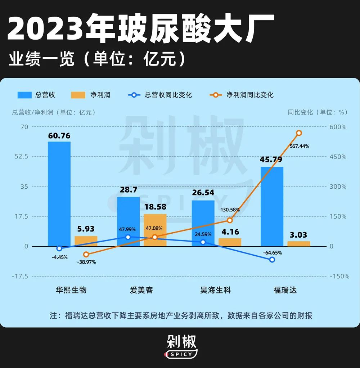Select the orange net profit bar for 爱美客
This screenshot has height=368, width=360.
[x=155, y=230]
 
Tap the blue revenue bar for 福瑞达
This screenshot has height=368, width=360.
[x=272, y=207]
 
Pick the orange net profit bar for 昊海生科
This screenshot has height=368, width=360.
[x=230, y=242]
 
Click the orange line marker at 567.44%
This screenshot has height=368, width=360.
[x=299, y=133]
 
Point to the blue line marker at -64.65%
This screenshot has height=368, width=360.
[x=272, y=260]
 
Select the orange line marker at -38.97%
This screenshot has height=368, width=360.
[x=86, y=254]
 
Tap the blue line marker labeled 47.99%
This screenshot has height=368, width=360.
[x=128, y=237]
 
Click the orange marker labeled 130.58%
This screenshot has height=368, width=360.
[x=230, y=220]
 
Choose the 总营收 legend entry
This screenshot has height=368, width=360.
[x=36, y=95]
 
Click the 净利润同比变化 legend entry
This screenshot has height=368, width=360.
[x=242, y=95]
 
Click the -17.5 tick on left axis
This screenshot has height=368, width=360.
[x=21, y=276]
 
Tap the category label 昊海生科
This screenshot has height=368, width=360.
[x=215, y=290]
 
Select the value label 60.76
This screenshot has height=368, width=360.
[x=59, y=136]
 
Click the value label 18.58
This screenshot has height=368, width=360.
[x=155, y=207]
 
